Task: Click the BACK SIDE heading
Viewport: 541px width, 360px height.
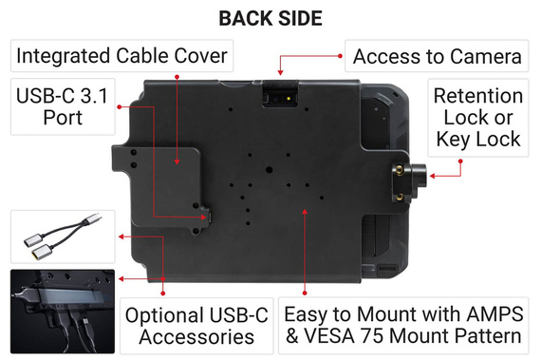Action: coord(270,18)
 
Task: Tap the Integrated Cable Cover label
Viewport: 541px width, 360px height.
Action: coord(121,56)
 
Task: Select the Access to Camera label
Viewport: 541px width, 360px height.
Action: coord(437,57)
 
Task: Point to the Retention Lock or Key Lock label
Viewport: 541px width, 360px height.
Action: coord(477,118)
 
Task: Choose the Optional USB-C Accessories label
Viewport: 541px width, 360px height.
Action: coord(197,324)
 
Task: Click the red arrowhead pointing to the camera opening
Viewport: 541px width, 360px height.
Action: coord(279,71)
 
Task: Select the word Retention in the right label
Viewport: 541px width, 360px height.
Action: coord(477,97)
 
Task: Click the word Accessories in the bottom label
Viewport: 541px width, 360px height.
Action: coord(197,336)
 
